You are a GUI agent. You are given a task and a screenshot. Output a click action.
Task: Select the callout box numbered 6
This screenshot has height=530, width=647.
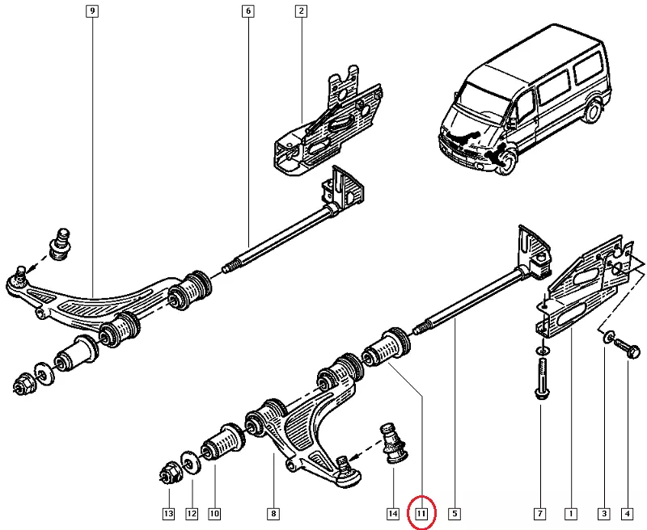click(247, 12)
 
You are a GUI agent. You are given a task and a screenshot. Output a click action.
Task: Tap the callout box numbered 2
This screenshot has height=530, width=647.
click(300, 12)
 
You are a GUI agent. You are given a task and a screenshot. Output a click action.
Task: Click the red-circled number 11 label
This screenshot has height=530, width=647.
click(421, 513)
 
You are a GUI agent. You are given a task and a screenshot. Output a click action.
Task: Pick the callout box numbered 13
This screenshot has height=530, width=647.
click(167, 513)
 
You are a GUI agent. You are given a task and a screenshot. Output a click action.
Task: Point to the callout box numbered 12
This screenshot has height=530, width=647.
click(192, 513)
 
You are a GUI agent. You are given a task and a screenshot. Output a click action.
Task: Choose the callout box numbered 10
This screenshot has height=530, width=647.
click(215, 513)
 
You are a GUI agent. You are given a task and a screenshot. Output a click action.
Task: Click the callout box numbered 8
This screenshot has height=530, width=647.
click(273, 513)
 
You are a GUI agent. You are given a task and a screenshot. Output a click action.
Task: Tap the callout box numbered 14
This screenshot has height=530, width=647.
click(393, 513)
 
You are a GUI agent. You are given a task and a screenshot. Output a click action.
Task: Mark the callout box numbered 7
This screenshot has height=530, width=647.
click(539, 513)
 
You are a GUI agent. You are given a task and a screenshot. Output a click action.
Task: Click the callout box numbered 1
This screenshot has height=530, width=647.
click(571, 513)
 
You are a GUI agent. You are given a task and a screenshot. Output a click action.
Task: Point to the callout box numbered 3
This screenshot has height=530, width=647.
click(603, 513)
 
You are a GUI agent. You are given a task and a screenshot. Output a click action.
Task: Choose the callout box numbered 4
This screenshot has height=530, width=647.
click(627, 513)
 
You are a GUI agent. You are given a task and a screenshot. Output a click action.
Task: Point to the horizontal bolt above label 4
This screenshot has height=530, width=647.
click(628, 350)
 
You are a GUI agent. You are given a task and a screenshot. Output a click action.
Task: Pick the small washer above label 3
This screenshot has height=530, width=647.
click(607, 335)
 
